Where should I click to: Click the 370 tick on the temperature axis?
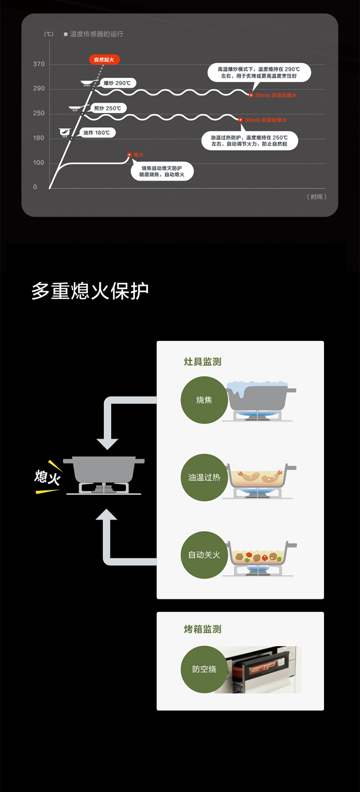39,64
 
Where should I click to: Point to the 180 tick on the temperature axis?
39,138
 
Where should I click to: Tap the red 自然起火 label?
104,60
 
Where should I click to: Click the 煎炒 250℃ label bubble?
108,108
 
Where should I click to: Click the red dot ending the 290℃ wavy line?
251,95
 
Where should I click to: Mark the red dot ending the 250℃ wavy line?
241,120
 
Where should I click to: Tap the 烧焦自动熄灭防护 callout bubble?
162,171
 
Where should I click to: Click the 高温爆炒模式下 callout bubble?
259,73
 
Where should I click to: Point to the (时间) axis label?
316,196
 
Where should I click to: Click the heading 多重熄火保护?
90,291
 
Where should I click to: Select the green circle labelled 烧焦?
204,400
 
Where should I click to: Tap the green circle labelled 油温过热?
204,477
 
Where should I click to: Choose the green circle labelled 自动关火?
204,555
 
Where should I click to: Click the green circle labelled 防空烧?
204,669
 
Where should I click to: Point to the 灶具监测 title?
203,362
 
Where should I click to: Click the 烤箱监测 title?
203,629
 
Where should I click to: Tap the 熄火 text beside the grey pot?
47,477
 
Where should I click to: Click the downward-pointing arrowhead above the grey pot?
107,442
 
